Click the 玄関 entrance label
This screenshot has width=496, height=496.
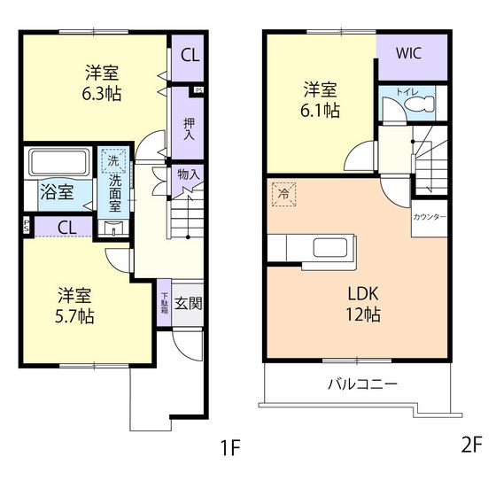[188, 304]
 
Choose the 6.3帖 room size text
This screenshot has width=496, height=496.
[102, 93]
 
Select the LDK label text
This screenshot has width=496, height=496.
[362, 295]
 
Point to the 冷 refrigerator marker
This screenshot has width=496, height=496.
[284, 194]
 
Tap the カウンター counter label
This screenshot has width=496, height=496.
[430, 217]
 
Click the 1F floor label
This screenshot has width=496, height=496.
[230, 447]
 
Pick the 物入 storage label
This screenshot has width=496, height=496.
[189, 175]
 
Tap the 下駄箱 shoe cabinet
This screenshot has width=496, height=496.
[165, 304]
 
